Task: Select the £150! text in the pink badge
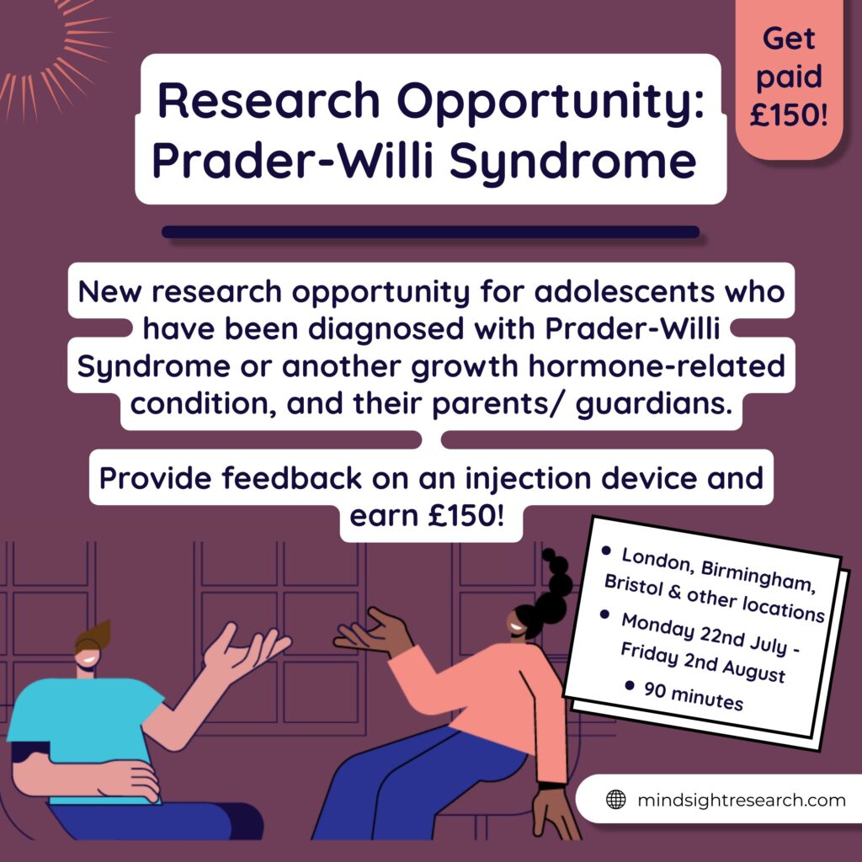point(788,115)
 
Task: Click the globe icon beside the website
point(615,800)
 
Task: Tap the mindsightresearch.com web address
point(742,800)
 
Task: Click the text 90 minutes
point(694,696)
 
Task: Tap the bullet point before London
point(606,551)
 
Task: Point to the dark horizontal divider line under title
point(430,232)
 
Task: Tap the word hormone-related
point(657,367)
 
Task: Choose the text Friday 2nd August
point(703,663)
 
